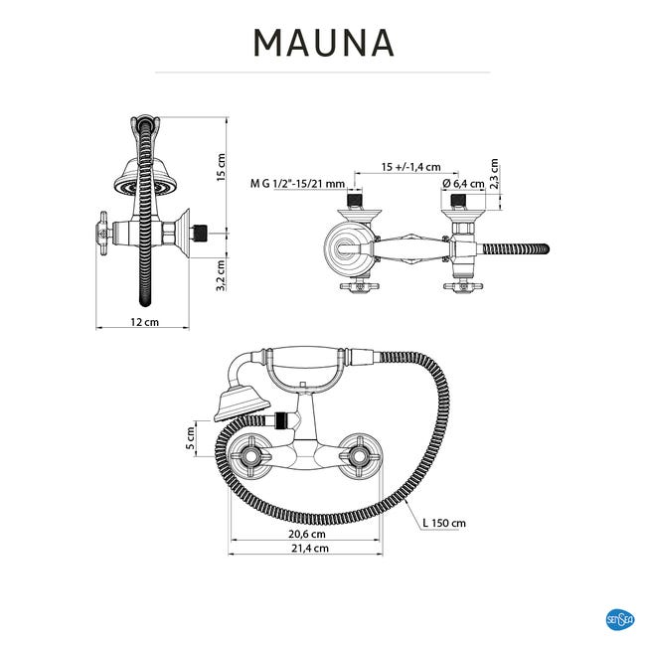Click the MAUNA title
point(324,43)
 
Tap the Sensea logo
point(620,619)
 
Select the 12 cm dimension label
point(144,322)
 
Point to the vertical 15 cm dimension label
point(221,167)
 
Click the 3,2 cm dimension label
point(221,274)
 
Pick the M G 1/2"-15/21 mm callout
point(297,183)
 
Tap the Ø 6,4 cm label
point(463,184)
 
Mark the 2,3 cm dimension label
point(494,174)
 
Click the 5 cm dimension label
point(190,438)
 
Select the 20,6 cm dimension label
point(307,534)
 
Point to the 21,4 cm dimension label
point(310,549)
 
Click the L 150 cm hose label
point(444,523)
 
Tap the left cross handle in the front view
point(250,455)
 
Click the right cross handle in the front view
point(360,455)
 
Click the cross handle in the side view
point(103,234)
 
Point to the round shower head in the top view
point(348,248)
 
